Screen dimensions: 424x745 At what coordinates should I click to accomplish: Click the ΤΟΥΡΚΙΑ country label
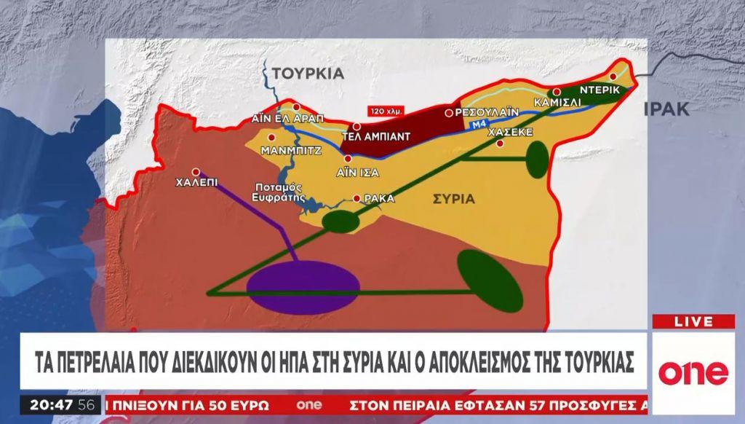pyautogui.click(x=308, y=73)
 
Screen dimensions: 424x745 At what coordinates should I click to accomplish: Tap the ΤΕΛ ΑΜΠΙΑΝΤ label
pyautogui.click(x=377, y=136)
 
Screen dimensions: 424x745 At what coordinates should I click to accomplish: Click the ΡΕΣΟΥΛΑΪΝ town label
pyautogui.click(x=485, y=113)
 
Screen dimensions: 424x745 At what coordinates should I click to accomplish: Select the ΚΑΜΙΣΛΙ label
pyautogui.click(x=557, y=103)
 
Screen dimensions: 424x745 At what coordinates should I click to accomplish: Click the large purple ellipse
pyautogui.click(x=303, y=286)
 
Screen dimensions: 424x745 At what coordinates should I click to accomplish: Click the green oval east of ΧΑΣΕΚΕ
pyautogui.click(x=536, y=160)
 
